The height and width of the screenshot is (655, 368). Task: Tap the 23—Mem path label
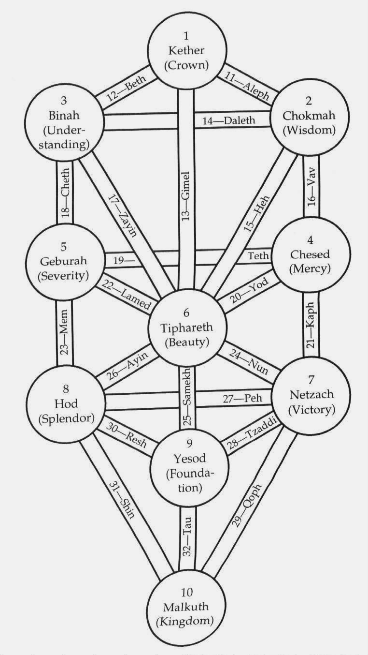65,333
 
